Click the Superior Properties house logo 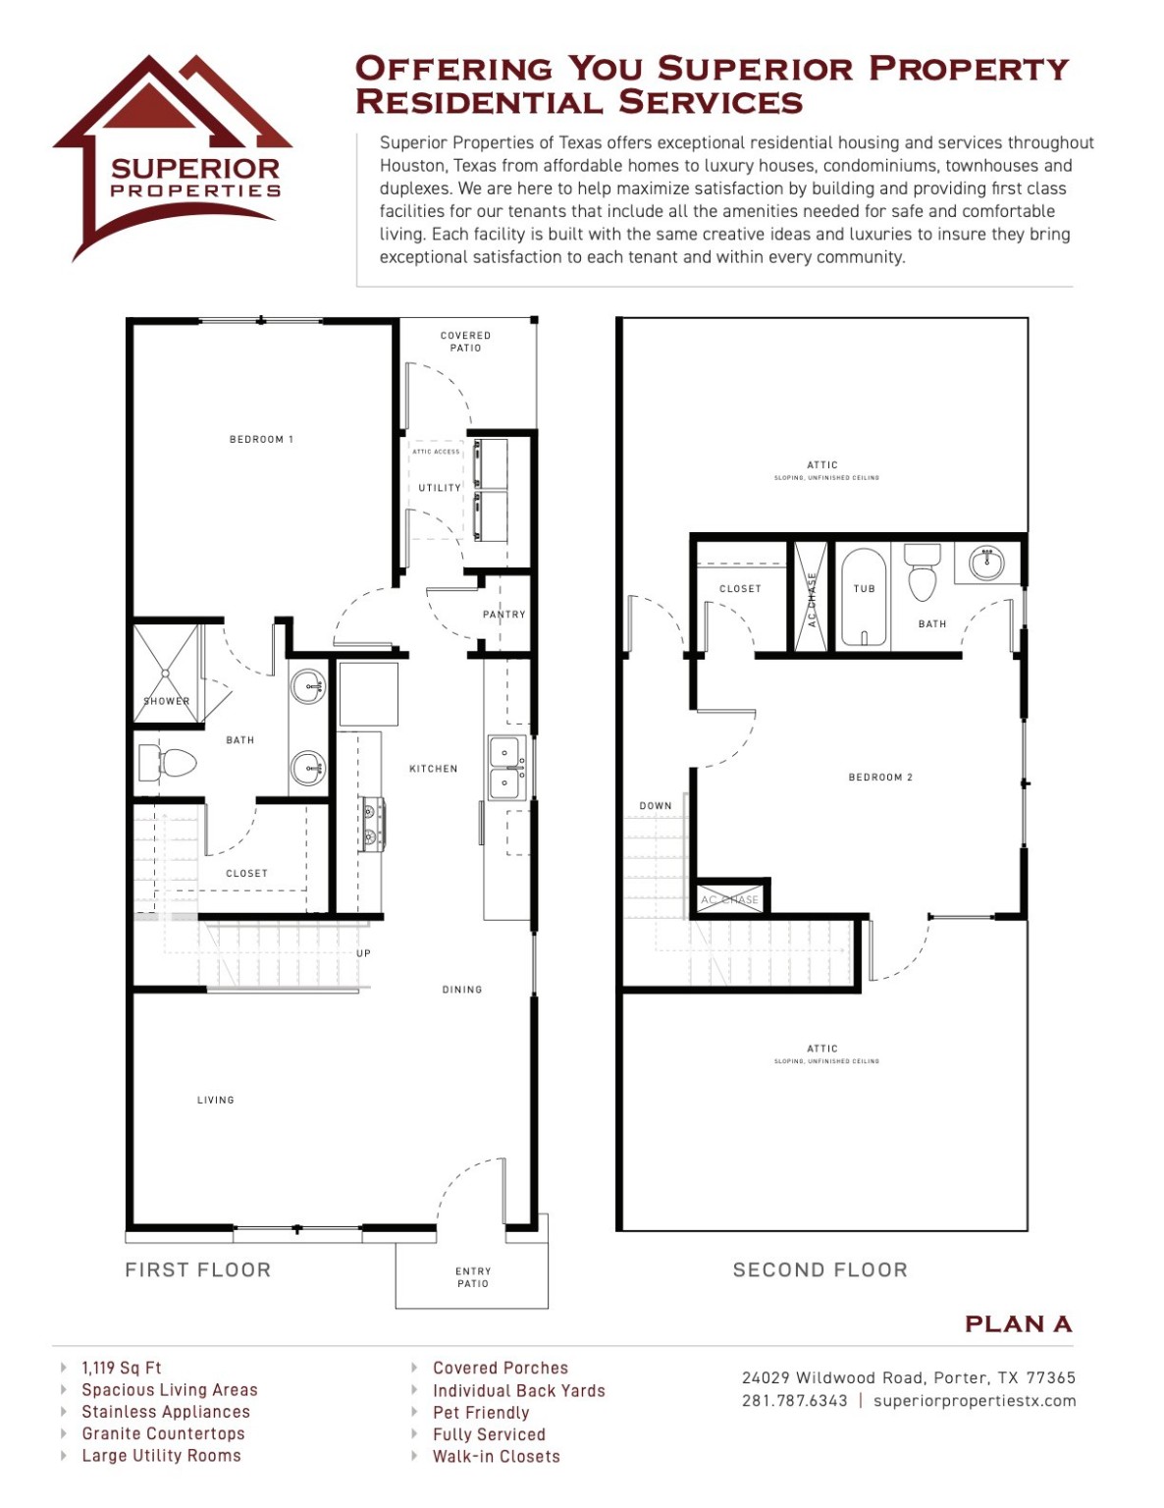[x=173, y=157]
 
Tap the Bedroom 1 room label [x=261, y=439]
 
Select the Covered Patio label [x=465, y=342]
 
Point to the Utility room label [x=439, y=488]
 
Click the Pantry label [x=503, y=615]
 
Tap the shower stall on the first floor [x=166, y=673]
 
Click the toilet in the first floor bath [x=167, y=763]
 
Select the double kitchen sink [x=504, y=768]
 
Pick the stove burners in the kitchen [x=371, y=824]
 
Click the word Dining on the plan [x=461, y=990]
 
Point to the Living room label [x=215, y=1100]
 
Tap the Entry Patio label [x=472, y=1277]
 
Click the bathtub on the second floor [x=864, y=597]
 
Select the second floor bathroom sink [x=985, y=564]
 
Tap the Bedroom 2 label [x=880, y=778]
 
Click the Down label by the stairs [x=656, y=806]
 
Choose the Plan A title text [x=1018, y=1324]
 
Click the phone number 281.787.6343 [x=794, y=1401]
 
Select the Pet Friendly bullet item [x=481, y=1413]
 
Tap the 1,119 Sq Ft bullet [x=122, y=1368]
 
